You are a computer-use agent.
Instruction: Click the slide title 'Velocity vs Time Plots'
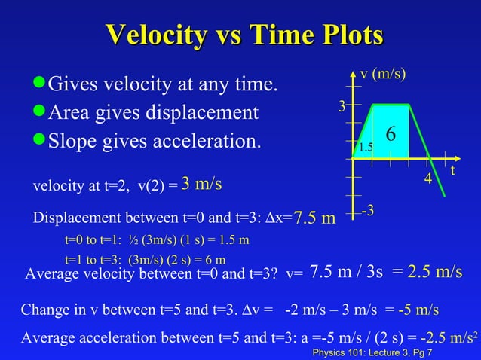[245, 35]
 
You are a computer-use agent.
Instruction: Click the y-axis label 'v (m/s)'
[383, 74]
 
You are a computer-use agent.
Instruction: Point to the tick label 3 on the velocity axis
[342, 107]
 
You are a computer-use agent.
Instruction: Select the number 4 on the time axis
[427, 181]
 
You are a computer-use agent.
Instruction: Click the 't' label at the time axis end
[452, 171]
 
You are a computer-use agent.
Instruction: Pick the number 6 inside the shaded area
[391, 134]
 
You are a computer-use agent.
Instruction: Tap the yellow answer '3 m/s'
[201, 184]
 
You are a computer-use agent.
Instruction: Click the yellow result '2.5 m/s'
[435, 272]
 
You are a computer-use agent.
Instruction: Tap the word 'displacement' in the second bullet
[206, 113]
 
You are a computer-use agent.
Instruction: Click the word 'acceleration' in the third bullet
[210, 141]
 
